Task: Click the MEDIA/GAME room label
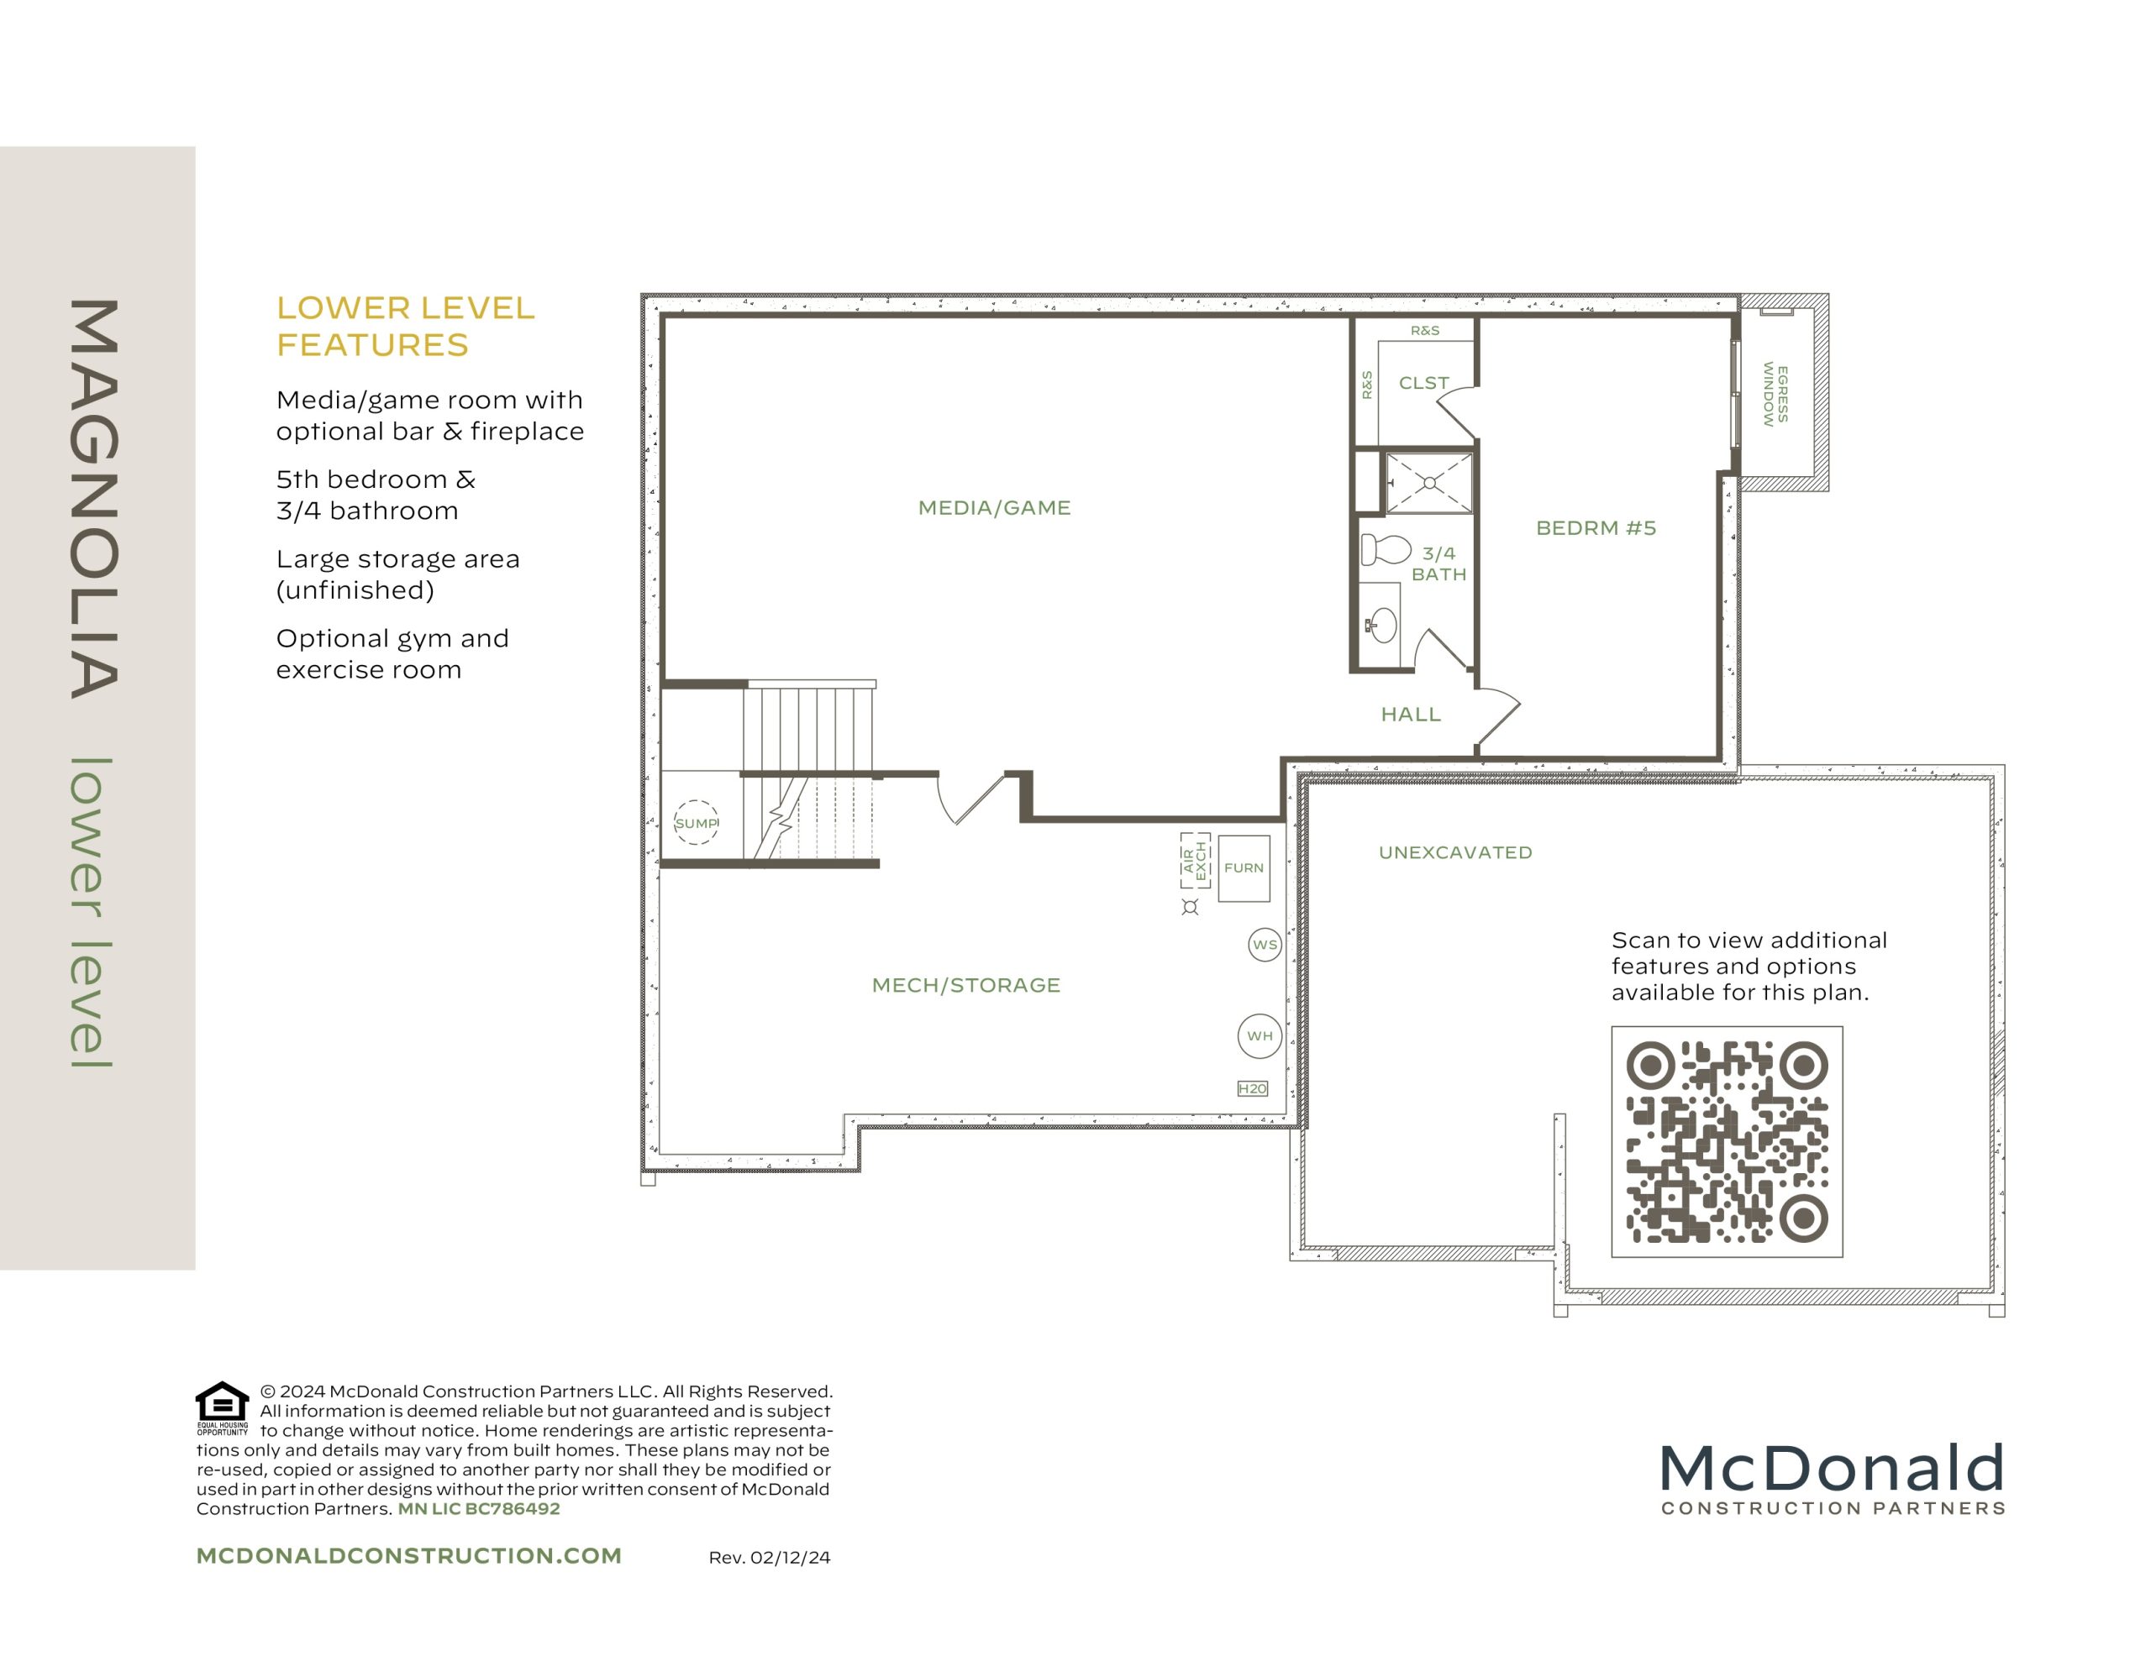click(994, 508)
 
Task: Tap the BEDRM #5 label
click(1596, 527)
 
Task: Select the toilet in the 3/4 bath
click(1385, 548)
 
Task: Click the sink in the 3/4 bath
click(1383, 624)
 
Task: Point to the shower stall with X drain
click(1429, 483)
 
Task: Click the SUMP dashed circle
click(696, 823)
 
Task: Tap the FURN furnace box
click(1243, 867)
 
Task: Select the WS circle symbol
click(1265, 944)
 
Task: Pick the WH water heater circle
click(1260, 1035)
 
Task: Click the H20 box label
click(1252, 1088)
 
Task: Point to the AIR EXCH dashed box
click(1195, 860)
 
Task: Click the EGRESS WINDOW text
click(1775, 394)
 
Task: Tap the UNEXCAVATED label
click(1454, 852)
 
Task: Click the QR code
click(1727, 1141)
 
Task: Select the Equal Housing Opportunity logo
click(223, 1407)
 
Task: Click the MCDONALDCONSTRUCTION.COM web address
click(408, 1556)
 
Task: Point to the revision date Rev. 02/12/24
click(769, 1558)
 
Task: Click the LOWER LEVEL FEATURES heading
click(405, 326)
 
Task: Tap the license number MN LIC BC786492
click(479, 1508)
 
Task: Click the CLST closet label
click(1423, 383)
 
